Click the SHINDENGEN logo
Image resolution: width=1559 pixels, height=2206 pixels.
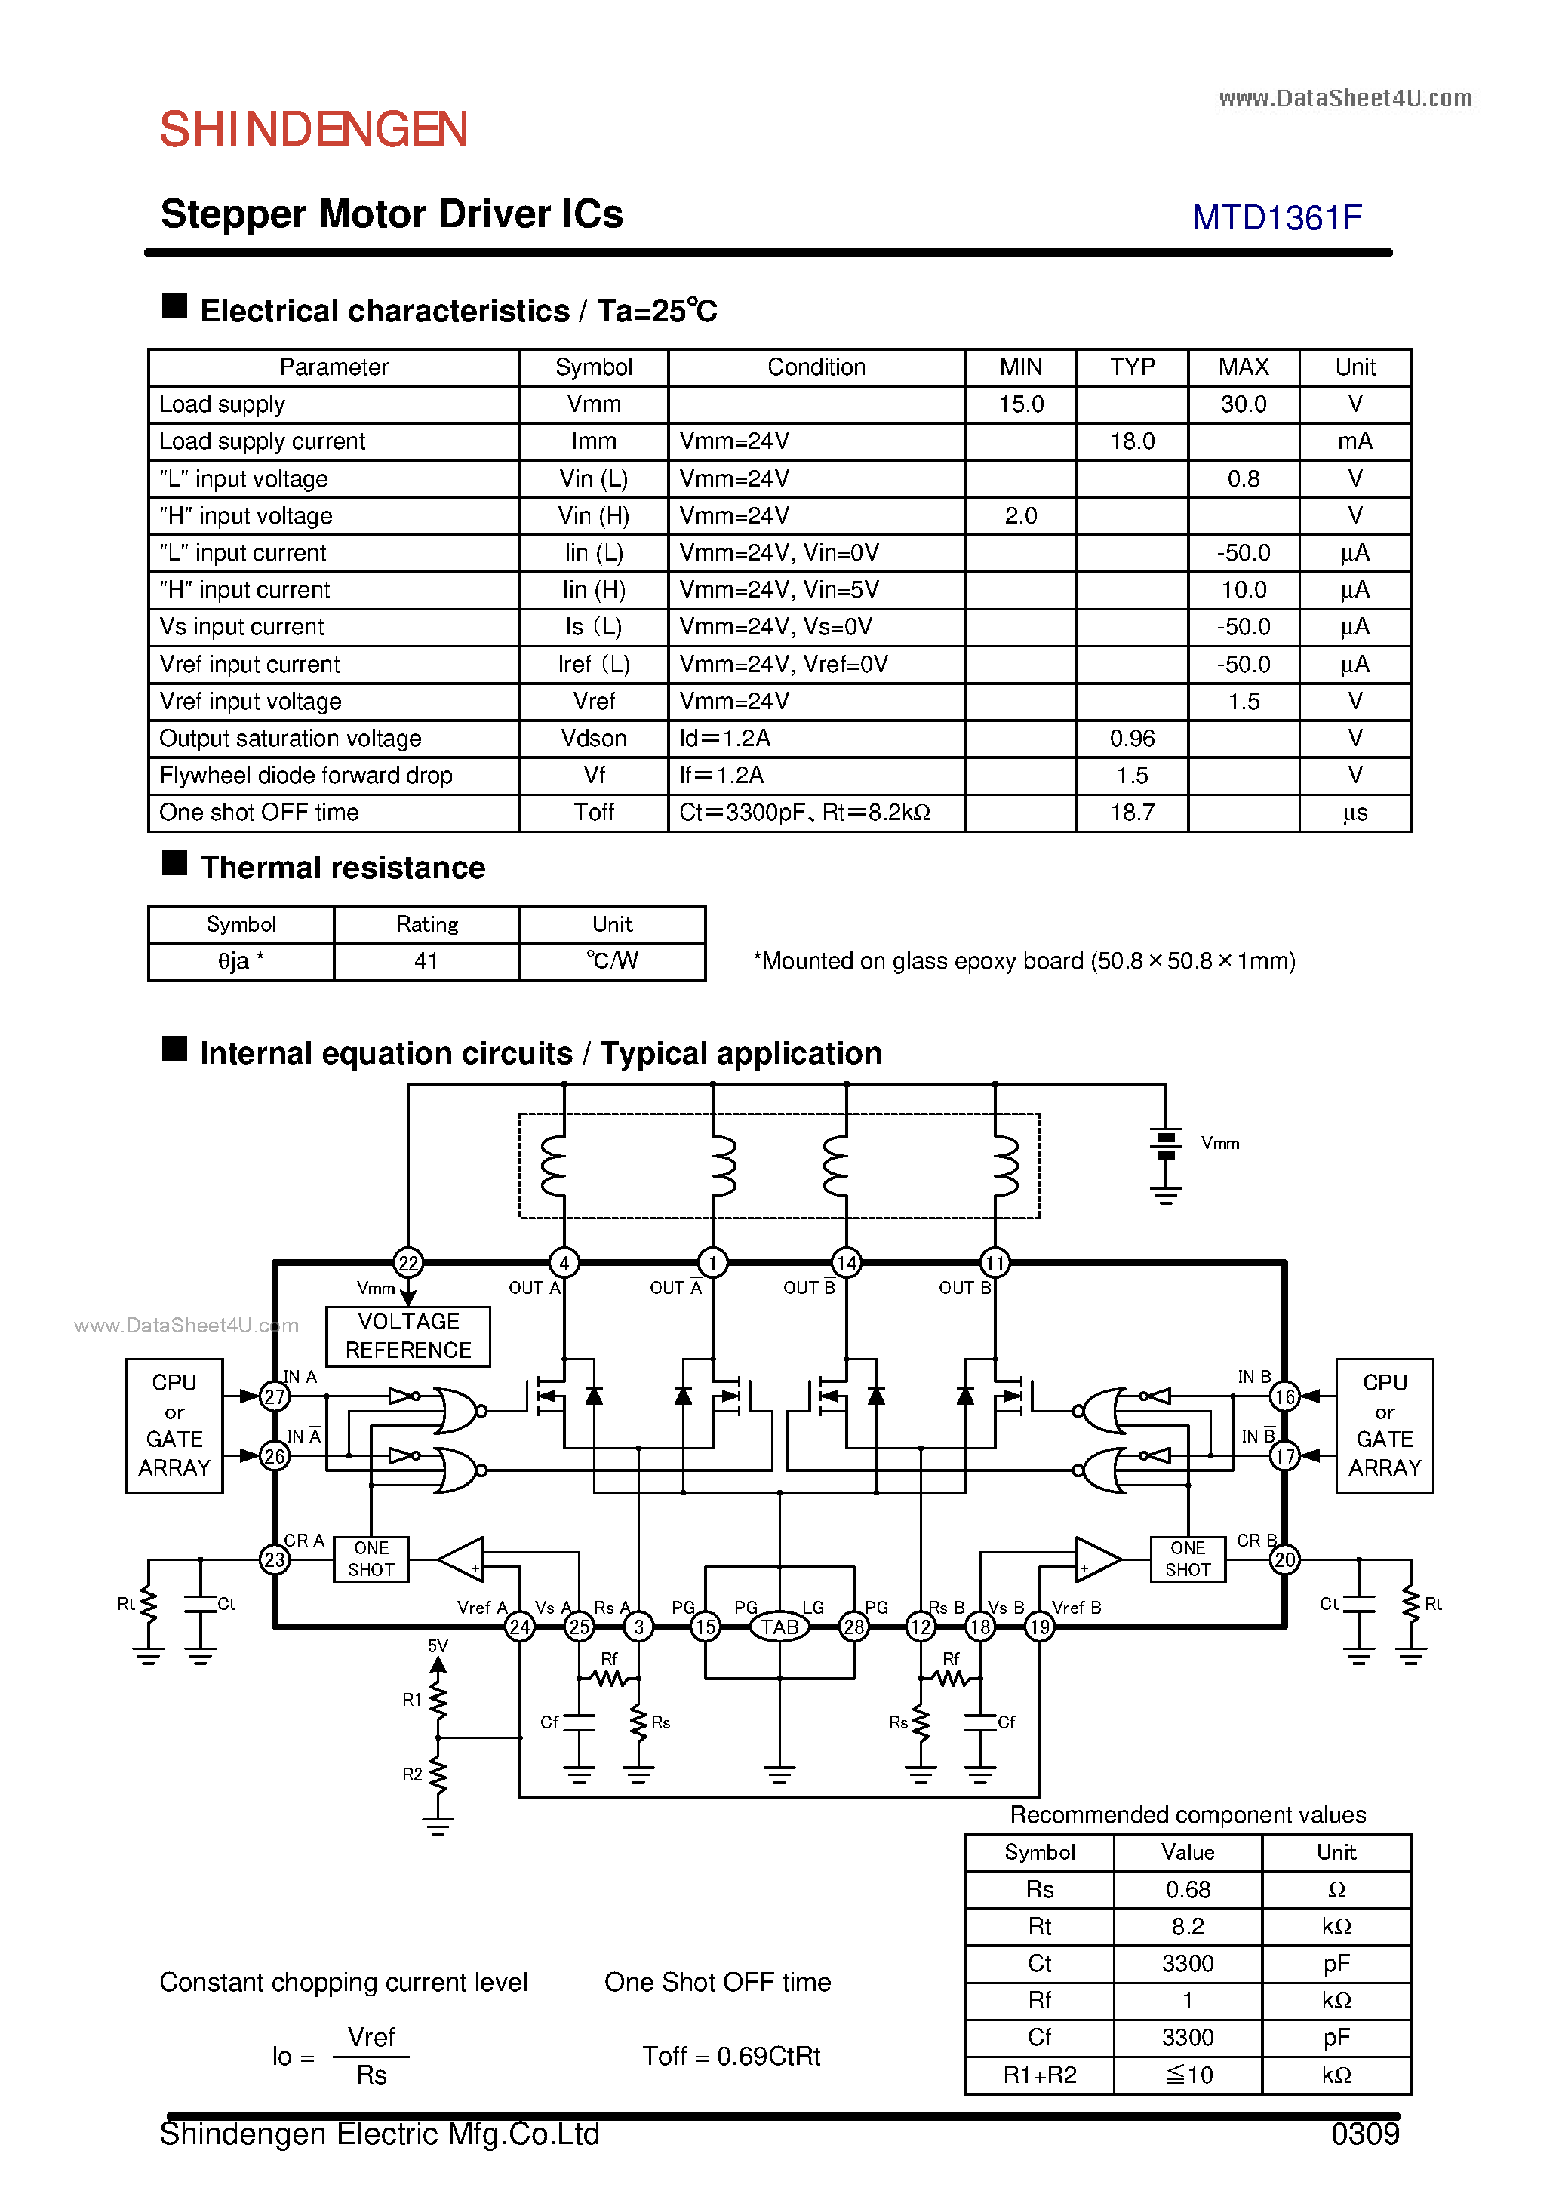click(x=313, y=130)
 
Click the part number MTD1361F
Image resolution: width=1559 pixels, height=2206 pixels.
click(x=1277, y=218)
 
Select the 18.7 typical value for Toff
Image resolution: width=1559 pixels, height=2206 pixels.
click(x=1131, y=813)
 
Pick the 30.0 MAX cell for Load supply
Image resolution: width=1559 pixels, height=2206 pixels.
click(x=1243, y=404)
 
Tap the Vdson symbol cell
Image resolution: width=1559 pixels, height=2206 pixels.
click(x=593, y=738)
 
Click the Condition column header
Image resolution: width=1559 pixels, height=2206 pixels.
click(x=816, y=367)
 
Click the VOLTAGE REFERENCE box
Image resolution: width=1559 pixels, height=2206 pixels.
click(x=407, y=1335)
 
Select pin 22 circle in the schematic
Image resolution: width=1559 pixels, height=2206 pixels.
click(x=407, y=1262)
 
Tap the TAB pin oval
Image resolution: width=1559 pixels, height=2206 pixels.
click(x=779, y=1627)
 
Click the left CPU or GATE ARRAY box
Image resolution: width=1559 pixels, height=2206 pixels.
click(x=174, y=1425)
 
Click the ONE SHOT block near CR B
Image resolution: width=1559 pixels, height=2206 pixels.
click(x=1187, y=1559)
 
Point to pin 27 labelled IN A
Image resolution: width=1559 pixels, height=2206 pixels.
click(x=275, y=1396)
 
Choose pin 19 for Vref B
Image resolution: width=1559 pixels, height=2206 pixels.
click(x=1039, y=1627)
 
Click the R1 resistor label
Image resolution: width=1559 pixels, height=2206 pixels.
click(x=411, y=1700)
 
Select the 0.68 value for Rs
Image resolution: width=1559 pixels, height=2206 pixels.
click(x=1187, y=1889)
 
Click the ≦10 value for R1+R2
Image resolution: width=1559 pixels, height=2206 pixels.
click(x=1187, y=2075)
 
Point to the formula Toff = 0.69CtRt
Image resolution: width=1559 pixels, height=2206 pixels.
click(x=730, y=2056)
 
